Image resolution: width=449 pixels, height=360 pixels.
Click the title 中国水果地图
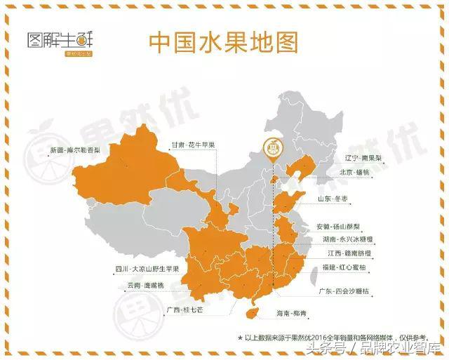[223, 42]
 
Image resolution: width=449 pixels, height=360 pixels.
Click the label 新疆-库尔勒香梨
[75, 149]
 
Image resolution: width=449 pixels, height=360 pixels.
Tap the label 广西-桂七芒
[185, 309]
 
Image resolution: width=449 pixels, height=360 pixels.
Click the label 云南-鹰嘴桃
[145, 286]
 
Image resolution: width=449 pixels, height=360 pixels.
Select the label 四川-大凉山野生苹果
[147, 269]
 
